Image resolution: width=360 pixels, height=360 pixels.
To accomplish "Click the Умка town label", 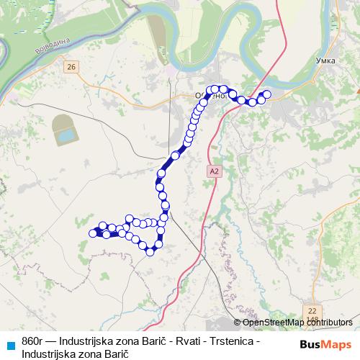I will click(325, 61).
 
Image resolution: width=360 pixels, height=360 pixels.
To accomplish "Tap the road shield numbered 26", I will click(70, 67).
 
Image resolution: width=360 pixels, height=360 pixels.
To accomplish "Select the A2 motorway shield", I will click(213, 171).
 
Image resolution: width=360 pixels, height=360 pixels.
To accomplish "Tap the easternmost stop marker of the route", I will click(266, 94).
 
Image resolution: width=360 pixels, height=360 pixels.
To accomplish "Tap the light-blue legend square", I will click(10, 344).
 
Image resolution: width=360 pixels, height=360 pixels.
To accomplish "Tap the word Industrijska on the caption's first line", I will click(88, 341).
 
